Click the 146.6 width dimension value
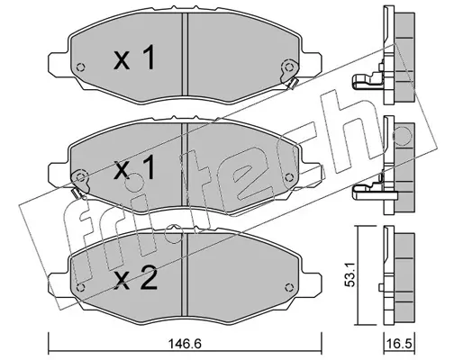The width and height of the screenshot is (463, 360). tap(184, 344)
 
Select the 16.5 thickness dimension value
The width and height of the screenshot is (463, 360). tap(399, 344)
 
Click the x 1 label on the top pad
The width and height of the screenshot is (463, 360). tap(134, 58)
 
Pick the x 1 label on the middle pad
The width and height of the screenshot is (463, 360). tap(134, 167)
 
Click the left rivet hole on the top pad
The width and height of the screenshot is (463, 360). tap(81, 67)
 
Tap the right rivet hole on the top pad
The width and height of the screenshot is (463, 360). tap(289, 67)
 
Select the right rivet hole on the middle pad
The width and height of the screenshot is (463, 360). tap(289, 177)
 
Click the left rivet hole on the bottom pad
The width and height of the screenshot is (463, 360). tap(80, 287)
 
